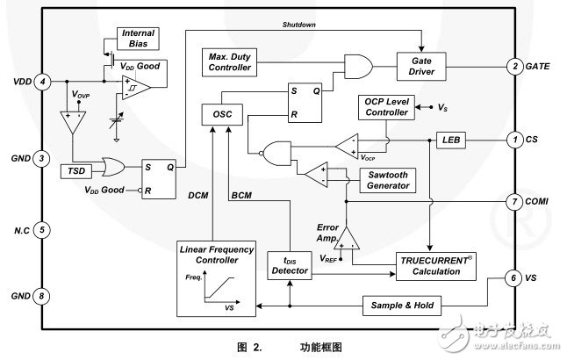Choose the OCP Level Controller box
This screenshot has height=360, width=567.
click(385, 107)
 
